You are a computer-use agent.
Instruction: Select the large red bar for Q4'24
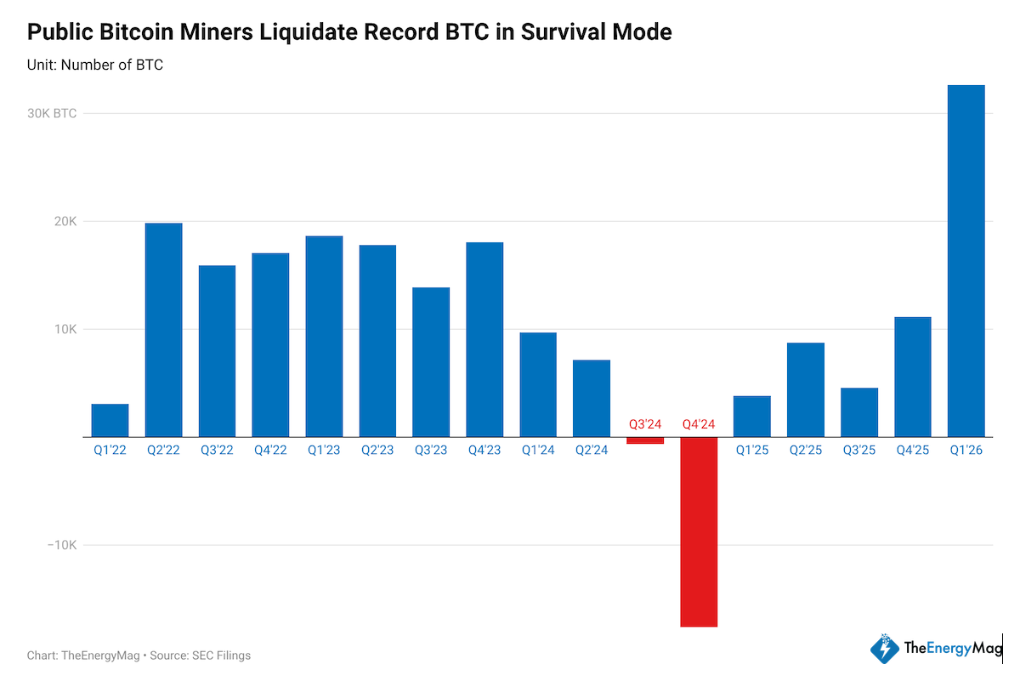(698, 531)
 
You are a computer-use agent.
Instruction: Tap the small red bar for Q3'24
(645, 440)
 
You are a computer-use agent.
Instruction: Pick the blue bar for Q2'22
(163, 330)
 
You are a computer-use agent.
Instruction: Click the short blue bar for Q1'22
(110, 420)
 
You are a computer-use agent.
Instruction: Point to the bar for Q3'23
(431, 362)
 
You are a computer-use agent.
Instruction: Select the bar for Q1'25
(751, 417)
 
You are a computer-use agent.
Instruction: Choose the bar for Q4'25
(912, 377)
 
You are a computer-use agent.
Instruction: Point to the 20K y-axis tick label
(65, 222)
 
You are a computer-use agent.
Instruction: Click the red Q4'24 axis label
(698, 423)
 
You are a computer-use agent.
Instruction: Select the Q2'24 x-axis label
(592, 451)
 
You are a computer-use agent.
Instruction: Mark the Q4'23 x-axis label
(484, 451)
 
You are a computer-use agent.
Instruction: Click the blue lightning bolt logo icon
(884, 649)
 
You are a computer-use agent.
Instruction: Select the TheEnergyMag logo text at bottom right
(953, 649)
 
